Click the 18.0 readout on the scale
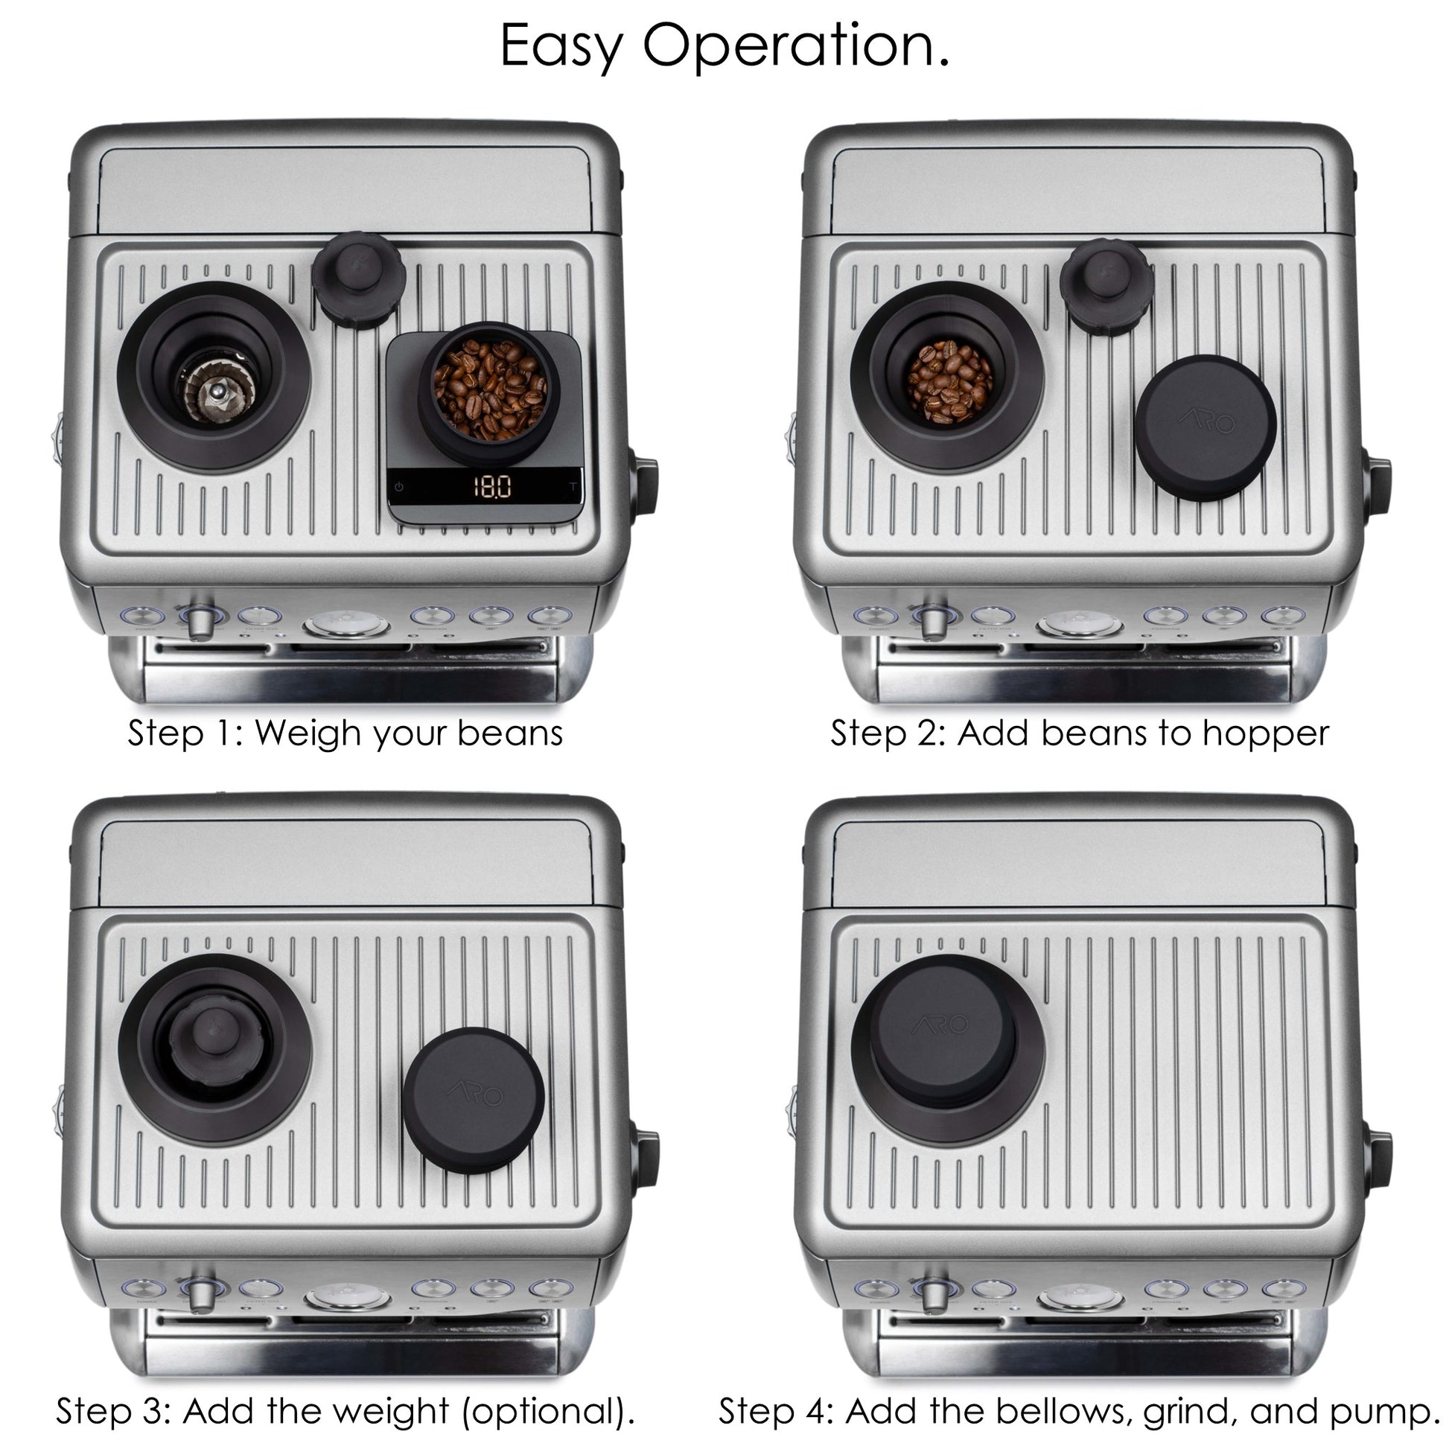[x=492, y=487]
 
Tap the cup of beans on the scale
[x=489, y=392]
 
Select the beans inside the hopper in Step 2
[x=949, y=382]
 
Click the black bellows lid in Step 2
[x=1206, y=427]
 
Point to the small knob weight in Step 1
[x=359, y=280]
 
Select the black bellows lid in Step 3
[x=474, y=1101]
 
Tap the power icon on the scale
[x=398, y=487]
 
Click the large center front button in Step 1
[x=346, y=624]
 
